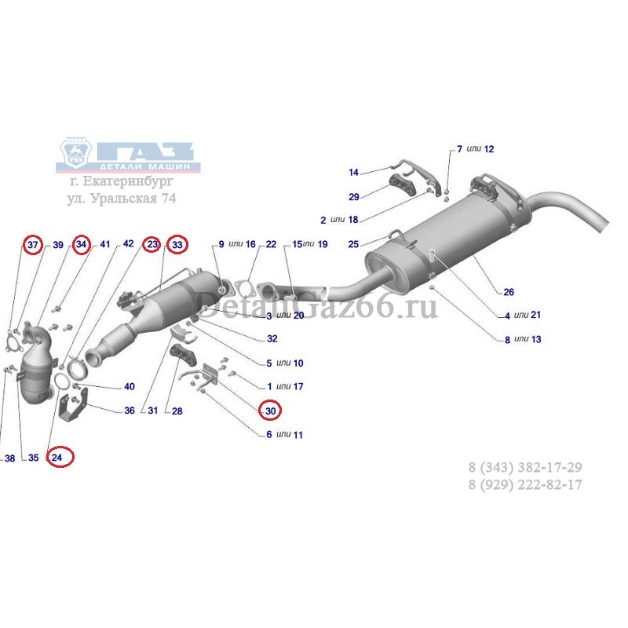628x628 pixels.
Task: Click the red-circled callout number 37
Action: (33, 244)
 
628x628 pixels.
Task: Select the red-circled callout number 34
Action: (82, 244)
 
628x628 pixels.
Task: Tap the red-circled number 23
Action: (152, 244)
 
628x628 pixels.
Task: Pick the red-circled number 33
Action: (177, 244)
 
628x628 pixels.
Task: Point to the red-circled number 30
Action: (270, 411)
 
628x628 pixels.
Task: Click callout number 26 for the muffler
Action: (509, 292)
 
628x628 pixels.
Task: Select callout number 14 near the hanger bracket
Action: (353, 172)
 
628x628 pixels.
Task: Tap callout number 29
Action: (354, 197)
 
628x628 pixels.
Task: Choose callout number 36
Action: (130, 410)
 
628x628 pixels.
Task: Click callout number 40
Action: (130, 386)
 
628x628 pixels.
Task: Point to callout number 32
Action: (272, 339)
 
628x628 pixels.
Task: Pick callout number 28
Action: (177, 411)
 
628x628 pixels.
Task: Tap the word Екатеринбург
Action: (128, 181)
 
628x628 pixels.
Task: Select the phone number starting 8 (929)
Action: (525, 484)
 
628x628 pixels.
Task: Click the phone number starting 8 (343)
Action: (525, 467)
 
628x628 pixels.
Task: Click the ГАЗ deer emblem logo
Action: (75, 153)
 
